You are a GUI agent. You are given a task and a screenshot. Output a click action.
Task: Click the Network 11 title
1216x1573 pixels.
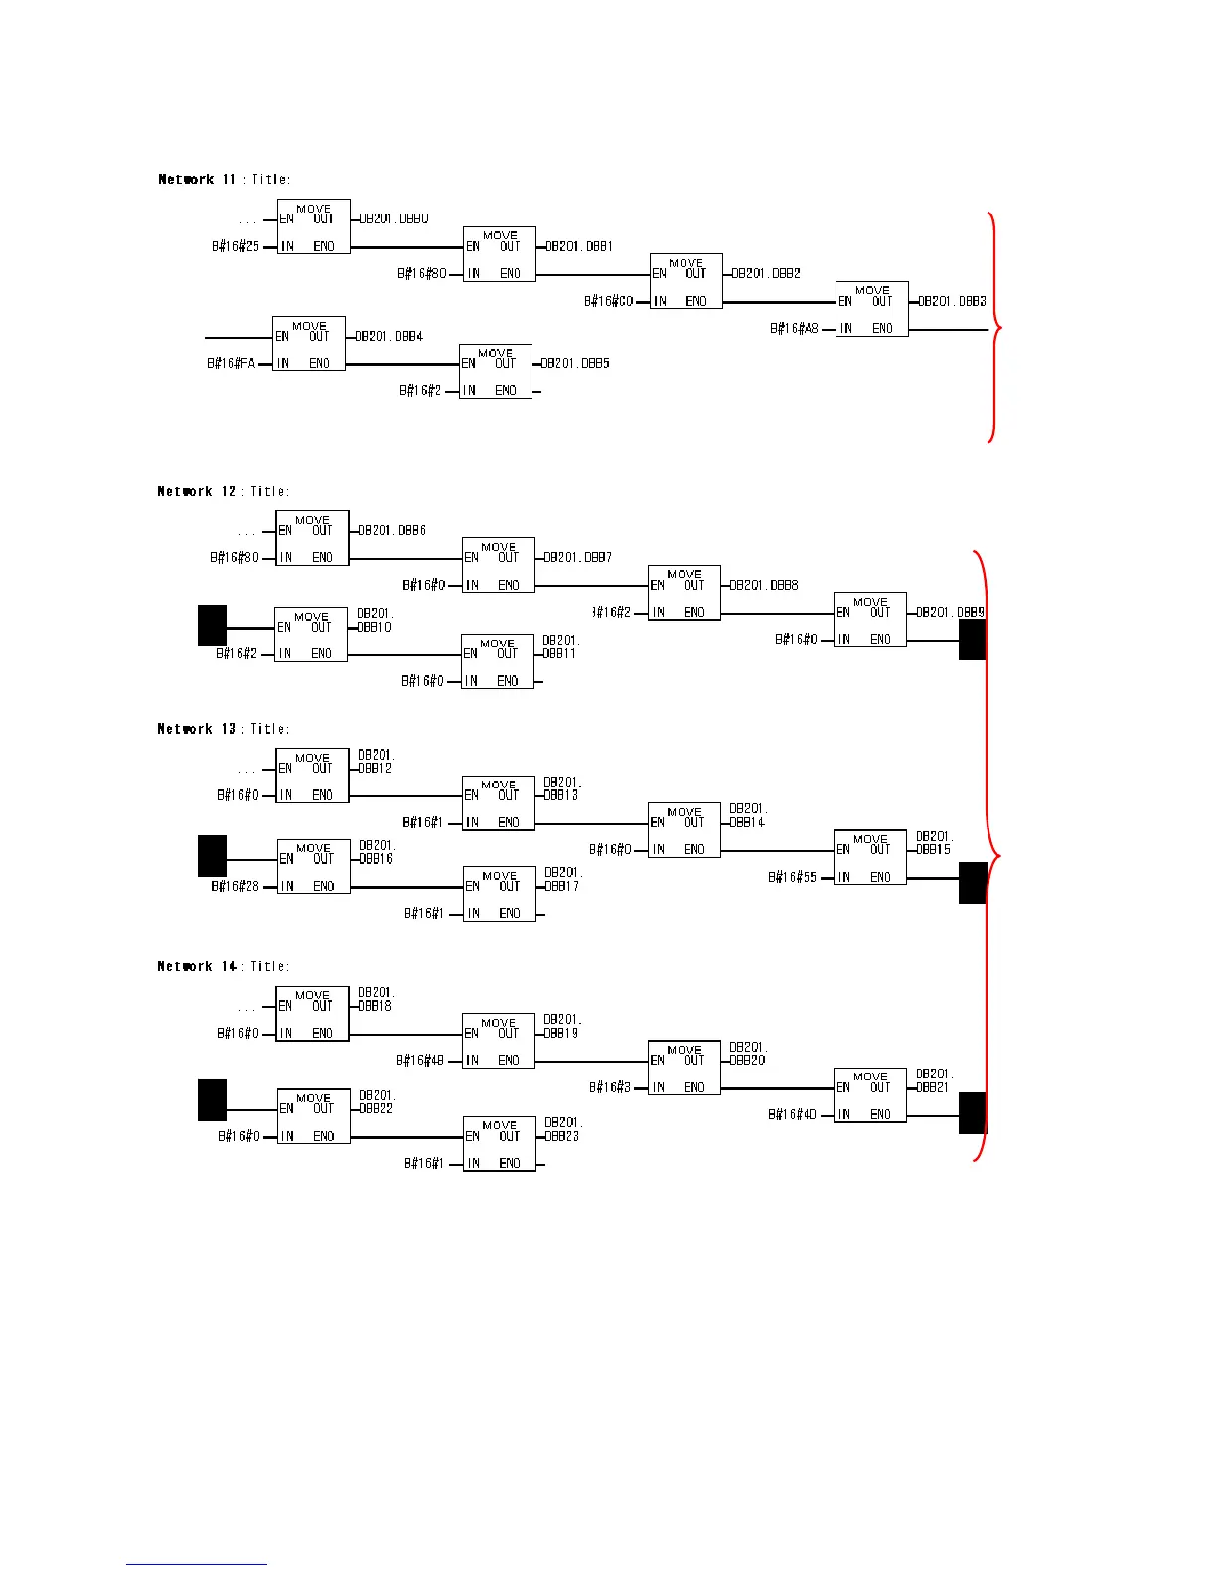[225, 180]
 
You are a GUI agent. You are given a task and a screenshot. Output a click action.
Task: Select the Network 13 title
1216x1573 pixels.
[224, 729]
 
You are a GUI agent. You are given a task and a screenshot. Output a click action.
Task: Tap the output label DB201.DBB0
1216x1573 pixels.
[393, 218]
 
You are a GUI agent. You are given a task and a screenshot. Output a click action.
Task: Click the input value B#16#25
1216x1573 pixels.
[235, 246]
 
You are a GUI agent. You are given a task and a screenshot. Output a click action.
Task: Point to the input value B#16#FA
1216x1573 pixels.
[231, 363]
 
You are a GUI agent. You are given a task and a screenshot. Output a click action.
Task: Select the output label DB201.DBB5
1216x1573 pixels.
[575, 363]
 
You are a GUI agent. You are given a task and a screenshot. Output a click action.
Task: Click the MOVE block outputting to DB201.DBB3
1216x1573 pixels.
[871, 309]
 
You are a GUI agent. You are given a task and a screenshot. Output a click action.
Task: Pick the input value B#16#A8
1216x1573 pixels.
[795, 328]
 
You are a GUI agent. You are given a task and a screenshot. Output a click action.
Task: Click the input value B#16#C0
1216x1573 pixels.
[608, 301]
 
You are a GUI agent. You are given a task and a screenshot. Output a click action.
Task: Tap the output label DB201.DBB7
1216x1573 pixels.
[578, 558]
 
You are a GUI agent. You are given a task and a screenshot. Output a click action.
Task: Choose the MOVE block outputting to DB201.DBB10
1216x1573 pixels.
[310, 635]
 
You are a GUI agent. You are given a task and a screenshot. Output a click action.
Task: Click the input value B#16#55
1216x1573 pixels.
[792, 877]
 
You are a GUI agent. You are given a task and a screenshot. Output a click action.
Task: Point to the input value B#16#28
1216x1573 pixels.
[235, 886]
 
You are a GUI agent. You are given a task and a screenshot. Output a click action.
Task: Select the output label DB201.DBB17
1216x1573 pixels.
[562, 879]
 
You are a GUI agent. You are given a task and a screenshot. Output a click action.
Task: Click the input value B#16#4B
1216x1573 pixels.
[420, 1061]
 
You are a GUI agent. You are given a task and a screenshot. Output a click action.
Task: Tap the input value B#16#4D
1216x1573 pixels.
[792, 1115]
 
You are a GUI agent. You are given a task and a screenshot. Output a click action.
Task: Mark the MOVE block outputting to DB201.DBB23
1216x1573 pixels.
[499, 1144]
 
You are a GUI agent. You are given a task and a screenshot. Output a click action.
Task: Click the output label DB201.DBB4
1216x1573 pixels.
[389, 336]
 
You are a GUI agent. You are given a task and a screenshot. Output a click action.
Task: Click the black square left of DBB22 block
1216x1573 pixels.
[212, 1099]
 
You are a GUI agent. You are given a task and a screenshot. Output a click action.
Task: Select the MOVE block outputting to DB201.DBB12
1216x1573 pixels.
[311, 776]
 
